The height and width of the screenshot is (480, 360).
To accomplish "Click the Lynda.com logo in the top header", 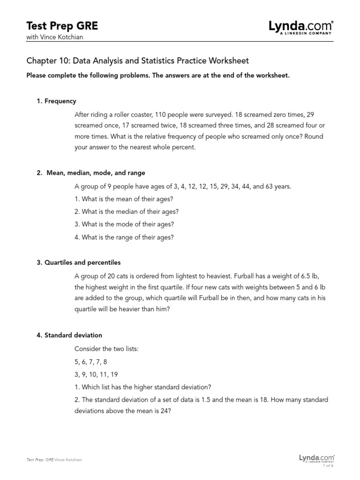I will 301,27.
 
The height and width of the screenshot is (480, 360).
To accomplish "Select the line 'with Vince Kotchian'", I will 55,37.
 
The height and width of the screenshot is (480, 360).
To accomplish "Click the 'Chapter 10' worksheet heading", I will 138,61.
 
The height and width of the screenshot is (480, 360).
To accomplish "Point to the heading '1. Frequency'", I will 57,101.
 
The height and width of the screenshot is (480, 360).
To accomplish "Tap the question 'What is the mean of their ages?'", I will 124,199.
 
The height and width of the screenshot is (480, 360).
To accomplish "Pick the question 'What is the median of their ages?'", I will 127,211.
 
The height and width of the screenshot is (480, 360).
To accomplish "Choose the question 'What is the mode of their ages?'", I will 124,224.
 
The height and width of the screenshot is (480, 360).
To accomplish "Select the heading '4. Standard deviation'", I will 69,335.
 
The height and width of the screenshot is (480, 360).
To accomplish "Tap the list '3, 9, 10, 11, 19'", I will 96,374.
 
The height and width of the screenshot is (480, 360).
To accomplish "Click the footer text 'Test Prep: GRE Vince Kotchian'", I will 55,460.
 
